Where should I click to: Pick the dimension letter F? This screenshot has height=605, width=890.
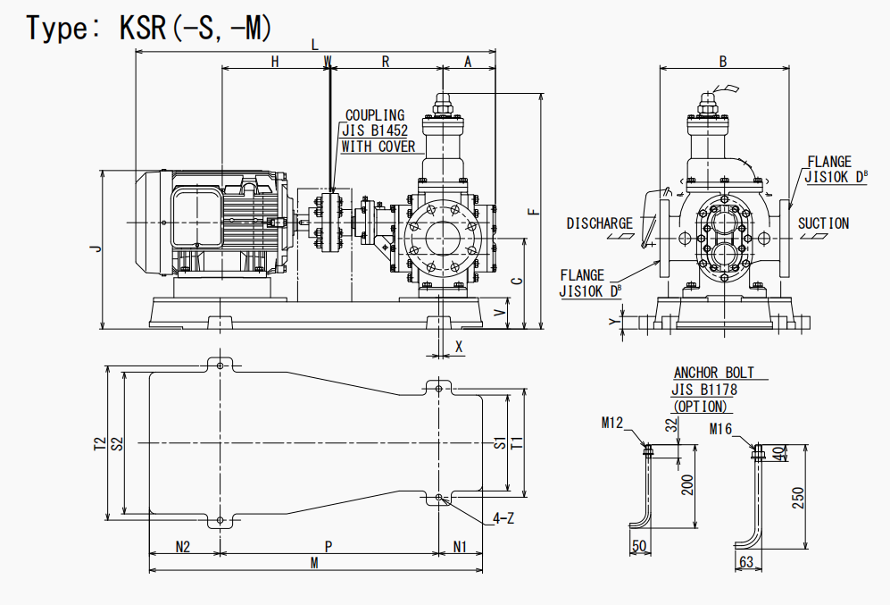coord(533,212)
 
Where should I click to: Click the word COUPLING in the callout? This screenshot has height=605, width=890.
coord(375,115)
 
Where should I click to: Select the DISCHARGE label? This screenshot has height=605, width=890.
coord(600,223)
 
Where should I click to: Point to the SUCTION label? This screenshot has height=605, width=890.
coord(823,223)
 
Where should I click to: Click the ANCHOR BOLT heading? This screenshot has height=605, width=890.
coord(713,373)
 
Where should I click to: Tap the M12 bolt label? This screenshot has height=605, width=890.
coord(611,423)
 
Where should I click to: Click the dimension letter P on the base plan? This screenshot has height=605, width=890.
coord(329,545)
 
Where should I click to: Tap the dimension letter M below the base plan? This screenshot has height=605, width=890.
coord(314,563)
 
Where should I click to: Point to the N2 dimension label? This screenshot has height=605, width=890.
coord(183,545)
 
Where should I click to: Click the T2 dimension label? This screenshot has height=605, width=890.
coord(99,443)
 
